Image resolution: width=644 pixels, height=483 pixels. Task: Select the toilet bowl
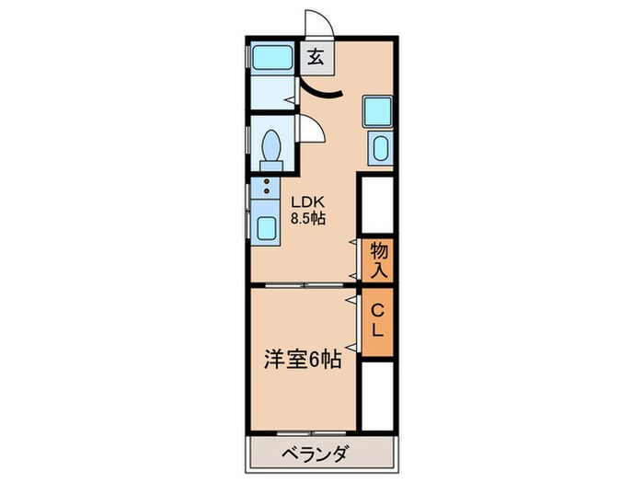point(271,147)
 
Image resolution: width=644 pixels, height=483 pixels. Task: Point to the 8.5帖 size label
point(309,219)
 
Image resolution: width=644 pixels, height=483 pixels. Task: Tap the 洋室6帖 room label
point(303,360)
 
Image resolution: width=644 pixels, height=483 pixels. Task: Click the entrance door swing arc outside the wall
point(316,24)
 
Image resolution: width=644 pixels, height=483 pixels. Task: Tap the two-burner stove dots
point(267,189)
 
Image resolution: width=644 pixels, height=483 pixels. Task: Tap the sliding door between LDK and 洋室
point(304,286)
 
